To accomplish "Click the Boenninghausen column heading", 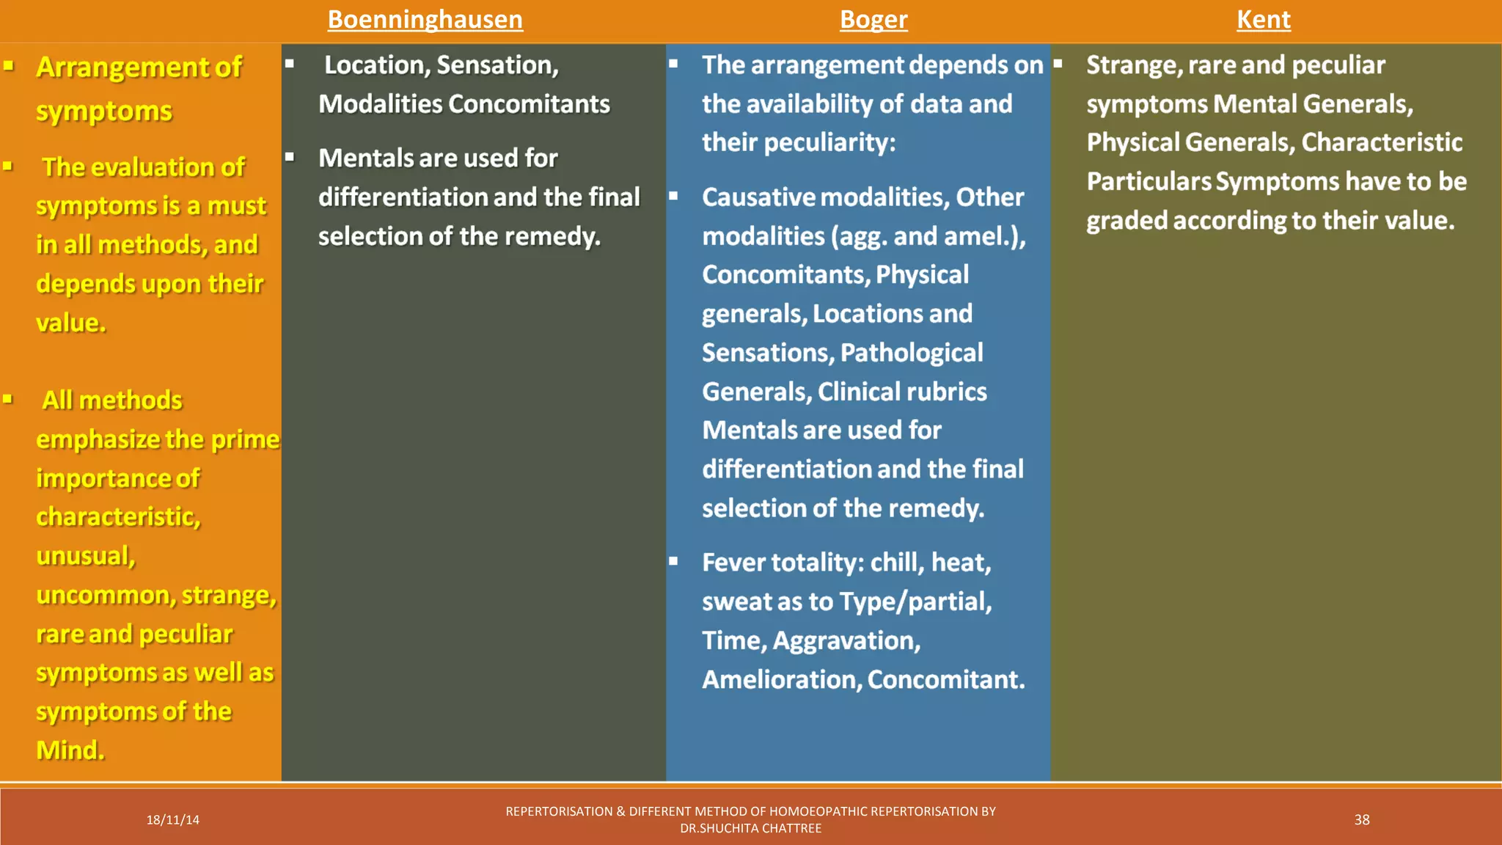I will [425, 20].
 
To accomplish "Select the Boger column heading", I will [873, 20].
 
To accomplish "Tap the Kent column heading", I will [1263, 20].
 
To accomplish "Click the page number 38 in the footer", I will [1361, 820].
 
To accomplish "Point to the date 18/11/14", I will [172, 820].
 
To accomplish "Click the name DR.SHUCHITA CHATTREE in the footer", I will [750, 829].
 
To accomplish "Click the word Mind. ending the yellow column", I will [70, 750].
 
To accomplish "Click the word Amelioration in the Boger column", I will [781, 680].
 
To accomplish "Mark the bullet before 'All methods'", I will [8, 400].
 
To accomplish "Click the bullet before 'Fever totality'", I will [673, 562].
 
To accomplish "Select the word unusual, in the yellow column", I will [86, 556].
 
